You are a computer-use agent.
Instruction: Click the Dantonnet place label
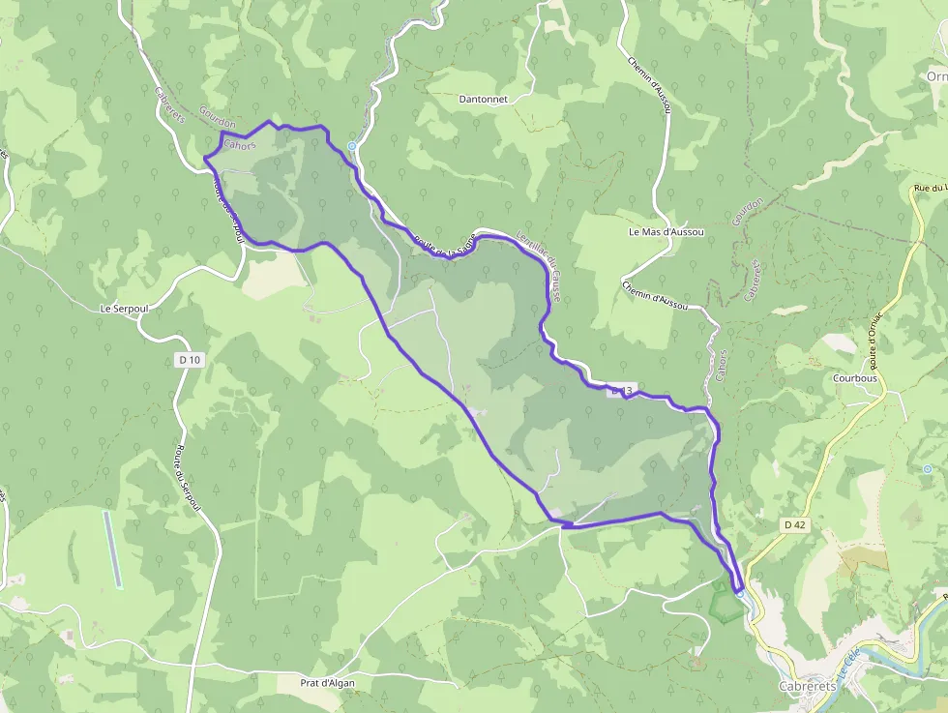489,99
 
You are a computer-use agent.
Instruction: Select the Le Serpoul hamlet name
122,309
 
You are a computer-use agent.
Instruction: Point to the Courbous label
854,378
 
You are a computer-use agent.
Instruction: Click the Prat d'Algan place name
329,682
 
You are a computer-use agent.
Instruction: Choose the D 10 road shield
190,360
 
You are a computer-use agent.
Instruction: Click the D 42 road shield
794,524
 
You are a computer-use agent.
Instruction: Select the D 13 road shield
621,392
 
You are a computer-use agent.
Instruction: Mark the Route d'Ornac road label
874,340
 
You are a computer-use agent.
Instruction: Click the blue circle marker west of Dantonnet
352,146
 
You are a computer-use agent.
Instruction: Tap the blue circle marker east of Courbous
928,469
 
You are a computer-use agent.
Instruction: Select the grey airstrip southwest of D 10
113,549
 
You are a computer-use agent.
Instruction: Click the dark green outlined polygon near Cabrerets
722,603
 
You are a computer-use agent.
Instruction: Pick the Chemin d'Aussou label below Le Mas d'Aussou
656,295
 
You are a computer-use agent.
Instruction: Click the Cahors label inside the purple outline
239,145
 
